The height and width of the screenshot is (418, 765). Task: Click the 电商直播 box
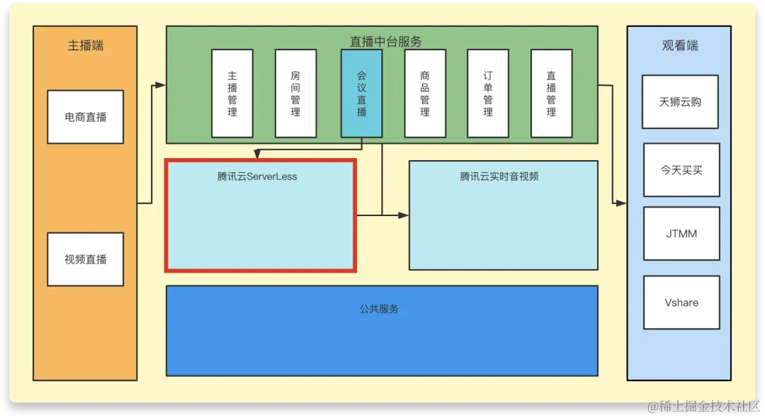[85, 117]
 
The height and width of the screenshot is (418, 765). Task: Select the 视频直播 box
[85, 259]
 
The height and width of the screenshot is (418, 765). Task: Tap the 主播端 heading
[85, 46]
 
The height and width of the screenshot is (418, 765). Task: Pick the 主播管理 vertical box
[232, 94]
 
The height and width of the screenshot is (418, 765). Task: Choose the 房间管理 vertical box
[295, 94]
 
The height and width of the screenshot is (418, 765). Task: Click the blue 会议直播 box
[361, 94]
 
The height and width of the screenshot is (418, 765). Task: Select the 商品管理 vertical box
[425, 94]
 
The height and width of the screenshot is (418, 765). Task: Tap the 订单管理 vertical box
[488, 94]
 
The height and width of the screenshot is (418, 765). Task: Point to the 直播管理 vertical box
[551, 94]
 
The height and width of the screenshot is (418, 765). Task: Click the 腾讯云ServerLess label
[257, 176]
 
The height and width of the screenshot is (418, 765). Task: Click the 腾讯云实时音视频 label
[499, 176]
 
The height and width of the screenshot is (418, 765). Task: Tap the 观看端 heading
[680, 46]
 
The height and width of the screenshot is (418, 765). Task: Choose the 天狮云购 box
[680, 101]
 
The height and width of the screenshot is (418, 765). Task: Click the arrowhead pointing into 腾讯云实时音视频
[404, 215]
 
